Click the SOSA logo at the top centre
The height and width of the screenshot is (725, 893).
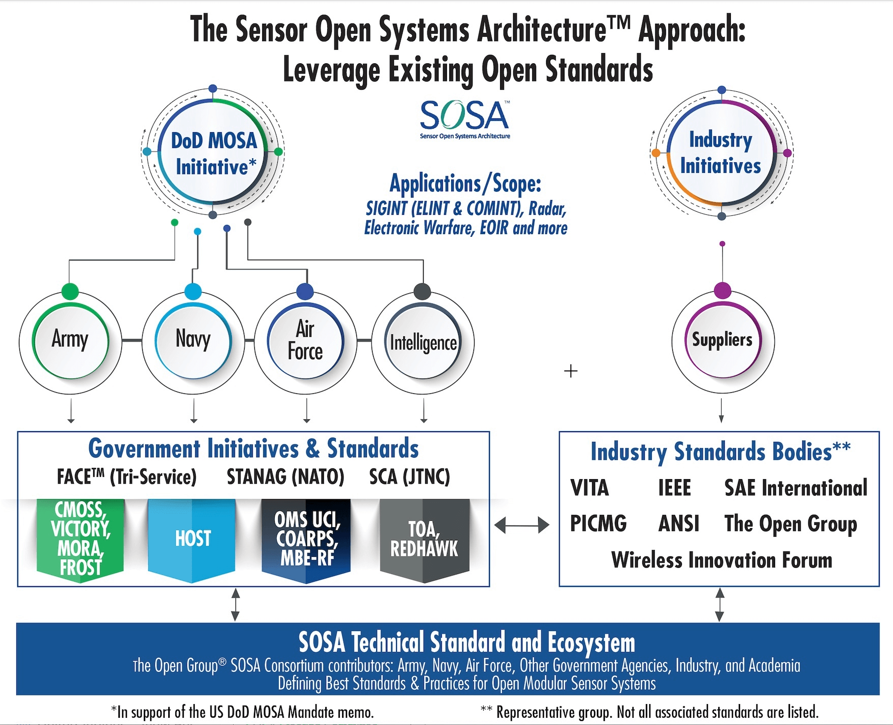click(464, 119)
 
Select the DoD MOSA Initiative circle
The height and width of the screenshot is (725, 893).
click(213, 153)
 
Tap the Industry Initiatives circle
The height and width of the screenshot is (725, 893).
click(721, 153)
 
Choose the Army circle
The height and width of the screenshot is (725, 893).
click(70, 340)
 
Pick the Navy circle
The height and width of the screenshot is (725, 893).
click(193, 340)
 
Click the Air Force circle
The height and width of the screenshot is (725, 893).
click(305, 340)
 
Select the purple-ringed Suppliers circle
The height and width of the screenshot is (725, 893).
click(722, 340)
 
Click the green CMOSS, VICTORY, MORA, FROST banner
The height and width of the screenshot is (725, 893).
click(81, 539)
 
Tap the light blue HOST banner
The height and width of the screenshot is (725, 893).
click(192, 539)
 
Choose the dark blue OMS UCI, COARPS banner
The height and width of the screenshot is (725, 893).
click(306, 539)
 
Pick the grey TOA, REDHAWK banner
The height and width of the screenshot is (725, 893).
click(424, 539)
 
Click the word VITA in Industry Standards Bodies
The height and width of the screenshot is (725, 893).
click(589, 488)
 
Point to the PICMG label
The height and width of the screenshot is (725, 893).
click(598, 523)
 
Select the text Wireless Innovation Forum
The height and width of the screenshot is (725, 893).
click(721, 560)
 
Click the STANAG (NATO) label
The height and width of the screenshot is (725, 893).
click(285, 477)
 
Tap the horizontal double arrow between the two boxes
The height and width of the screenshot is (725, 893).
click(522, 524)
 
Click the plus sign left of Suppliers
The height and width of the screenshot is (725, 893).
click(571, 371)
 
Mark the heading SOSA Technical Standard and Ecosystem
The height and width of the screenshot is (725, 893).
click(466, 642)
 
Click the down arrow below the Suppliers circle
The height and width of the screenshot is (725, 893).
click(721, 411)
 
